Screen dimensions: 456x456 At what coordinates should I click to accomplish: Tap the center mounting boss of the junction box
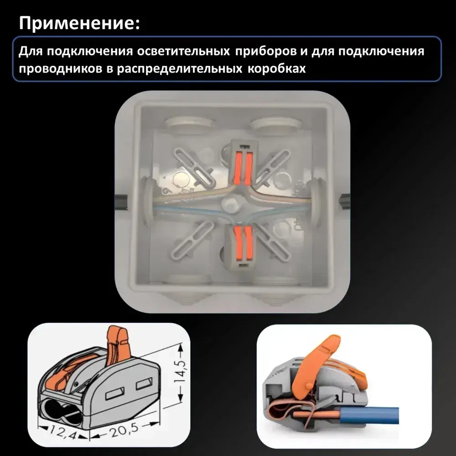(231, 203)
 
